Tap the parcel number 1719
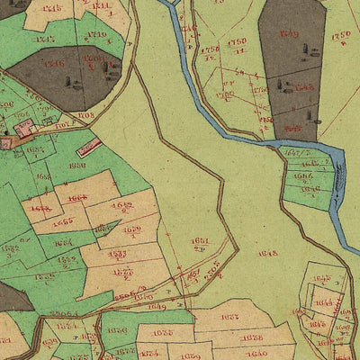[96, 35]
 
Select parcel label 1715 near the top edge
[52, 8]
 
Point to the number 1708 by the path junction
[86, 115]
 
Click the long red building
[88, 147]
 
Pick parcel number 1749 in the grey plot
[289, 34]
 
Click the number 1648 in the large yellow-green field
[267, 254]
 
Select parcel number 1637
[230, 317]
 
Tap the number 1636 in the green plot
[117, 330]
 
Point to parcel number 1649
[157, 307]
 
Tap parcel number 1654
[62, 242]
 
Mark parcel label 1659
[131, 230]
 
